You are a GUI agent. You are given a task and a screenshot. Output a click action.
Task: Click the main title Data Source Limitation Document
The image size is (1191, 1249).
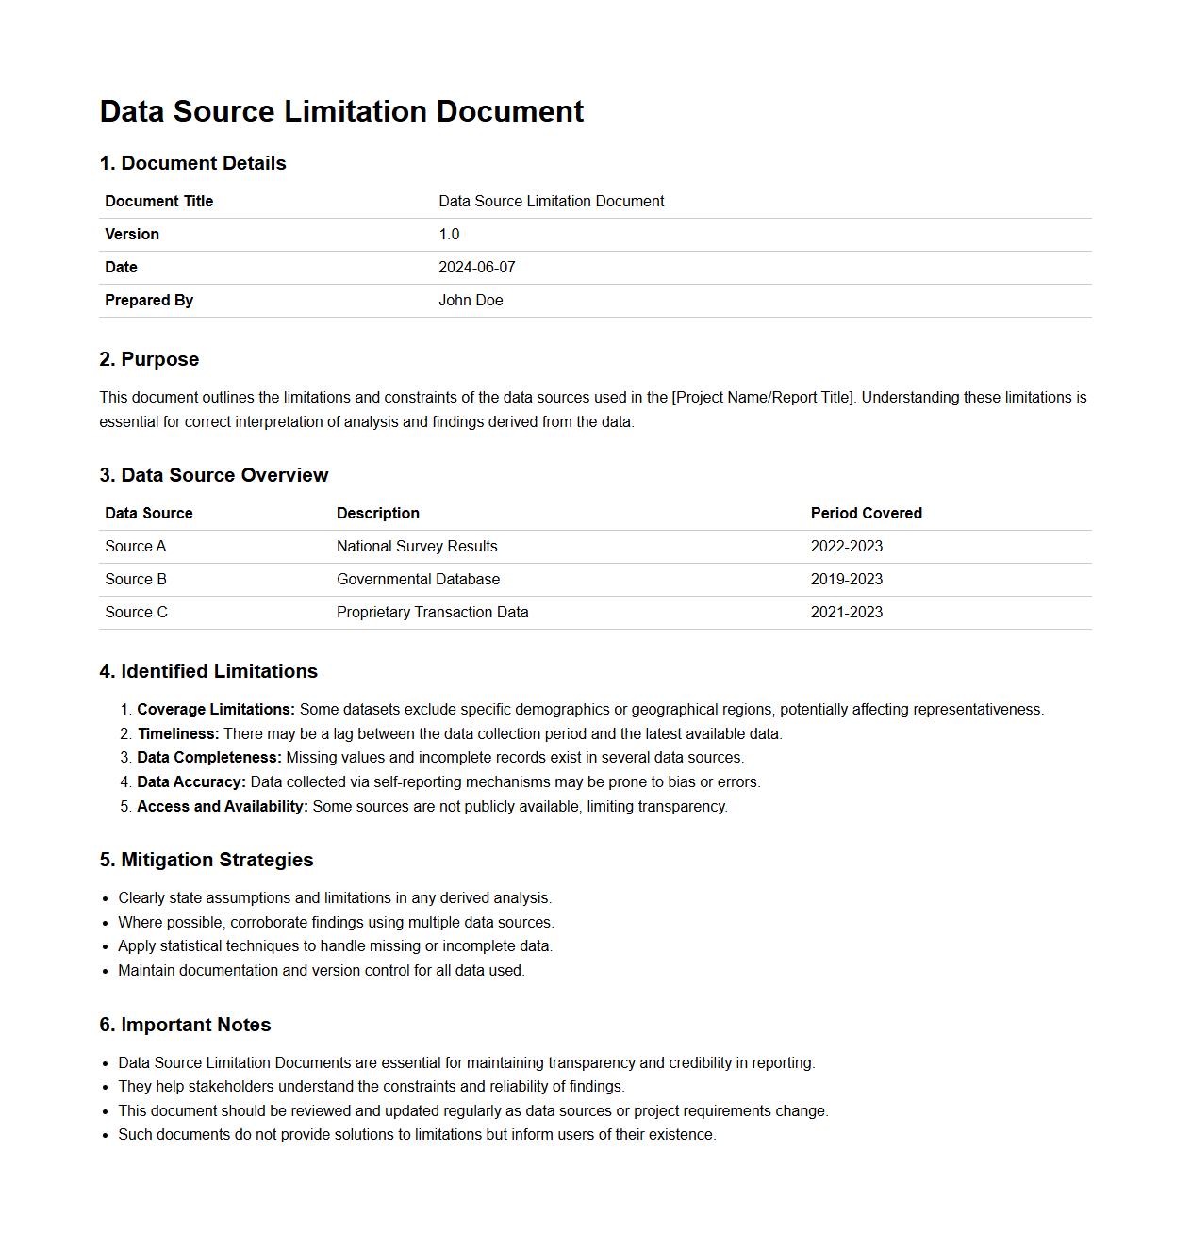341,111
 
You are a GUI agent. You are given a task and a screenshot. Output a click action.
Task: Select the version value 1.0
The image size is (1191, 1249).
449,235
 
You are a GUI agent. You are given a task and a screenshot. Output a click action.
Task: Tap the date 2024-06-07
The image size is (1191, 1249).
476,268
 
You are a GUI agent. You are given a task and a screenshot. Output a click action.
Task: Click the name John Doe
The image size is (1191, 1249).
471,301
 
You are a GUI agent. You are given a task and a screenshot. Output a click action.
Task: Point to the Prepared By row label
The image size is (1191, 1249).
149,301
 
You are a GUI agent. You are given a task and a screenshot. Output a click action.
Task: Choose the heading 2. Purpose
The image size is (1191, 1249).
149,359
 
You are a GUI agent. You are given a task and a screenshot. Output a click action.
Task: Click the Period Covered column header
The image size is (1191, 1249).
866,514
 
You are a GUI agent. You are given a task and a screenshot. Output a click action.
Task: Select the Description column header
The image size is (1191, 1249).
377,514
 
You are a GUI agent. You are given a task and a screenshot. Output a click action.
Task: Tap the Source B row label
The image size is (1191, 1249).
136,580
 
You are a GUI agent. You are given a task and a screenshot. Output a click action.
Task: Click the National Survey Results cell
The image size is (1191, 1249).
417,547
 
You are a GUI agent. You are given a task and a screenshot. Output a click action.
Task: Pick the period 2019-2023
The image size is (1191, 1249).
846,580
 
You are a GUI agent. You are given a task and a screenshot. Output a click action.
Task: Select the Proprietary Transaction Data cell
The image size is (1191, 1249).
432,613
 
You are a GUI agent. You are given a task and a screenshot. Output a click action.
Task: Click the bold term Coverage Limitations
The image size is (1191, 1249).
216,710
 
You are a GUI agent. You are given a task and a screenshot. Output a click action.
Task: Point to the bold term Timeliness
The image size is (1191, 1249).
178,734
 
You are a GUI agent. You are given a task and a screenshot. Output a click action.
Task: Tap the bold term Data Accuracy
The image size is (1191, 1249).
191,782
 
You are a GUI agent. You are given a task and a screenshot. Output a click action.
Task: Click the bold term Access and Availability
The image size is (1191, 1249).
223,807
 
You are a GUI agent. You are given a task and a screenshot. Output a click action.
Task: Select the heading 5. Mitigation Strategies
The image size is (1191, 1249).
206,860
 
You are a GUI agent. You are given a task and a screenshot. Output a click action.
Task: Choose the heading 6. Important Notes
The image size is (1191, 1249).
185,1025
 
